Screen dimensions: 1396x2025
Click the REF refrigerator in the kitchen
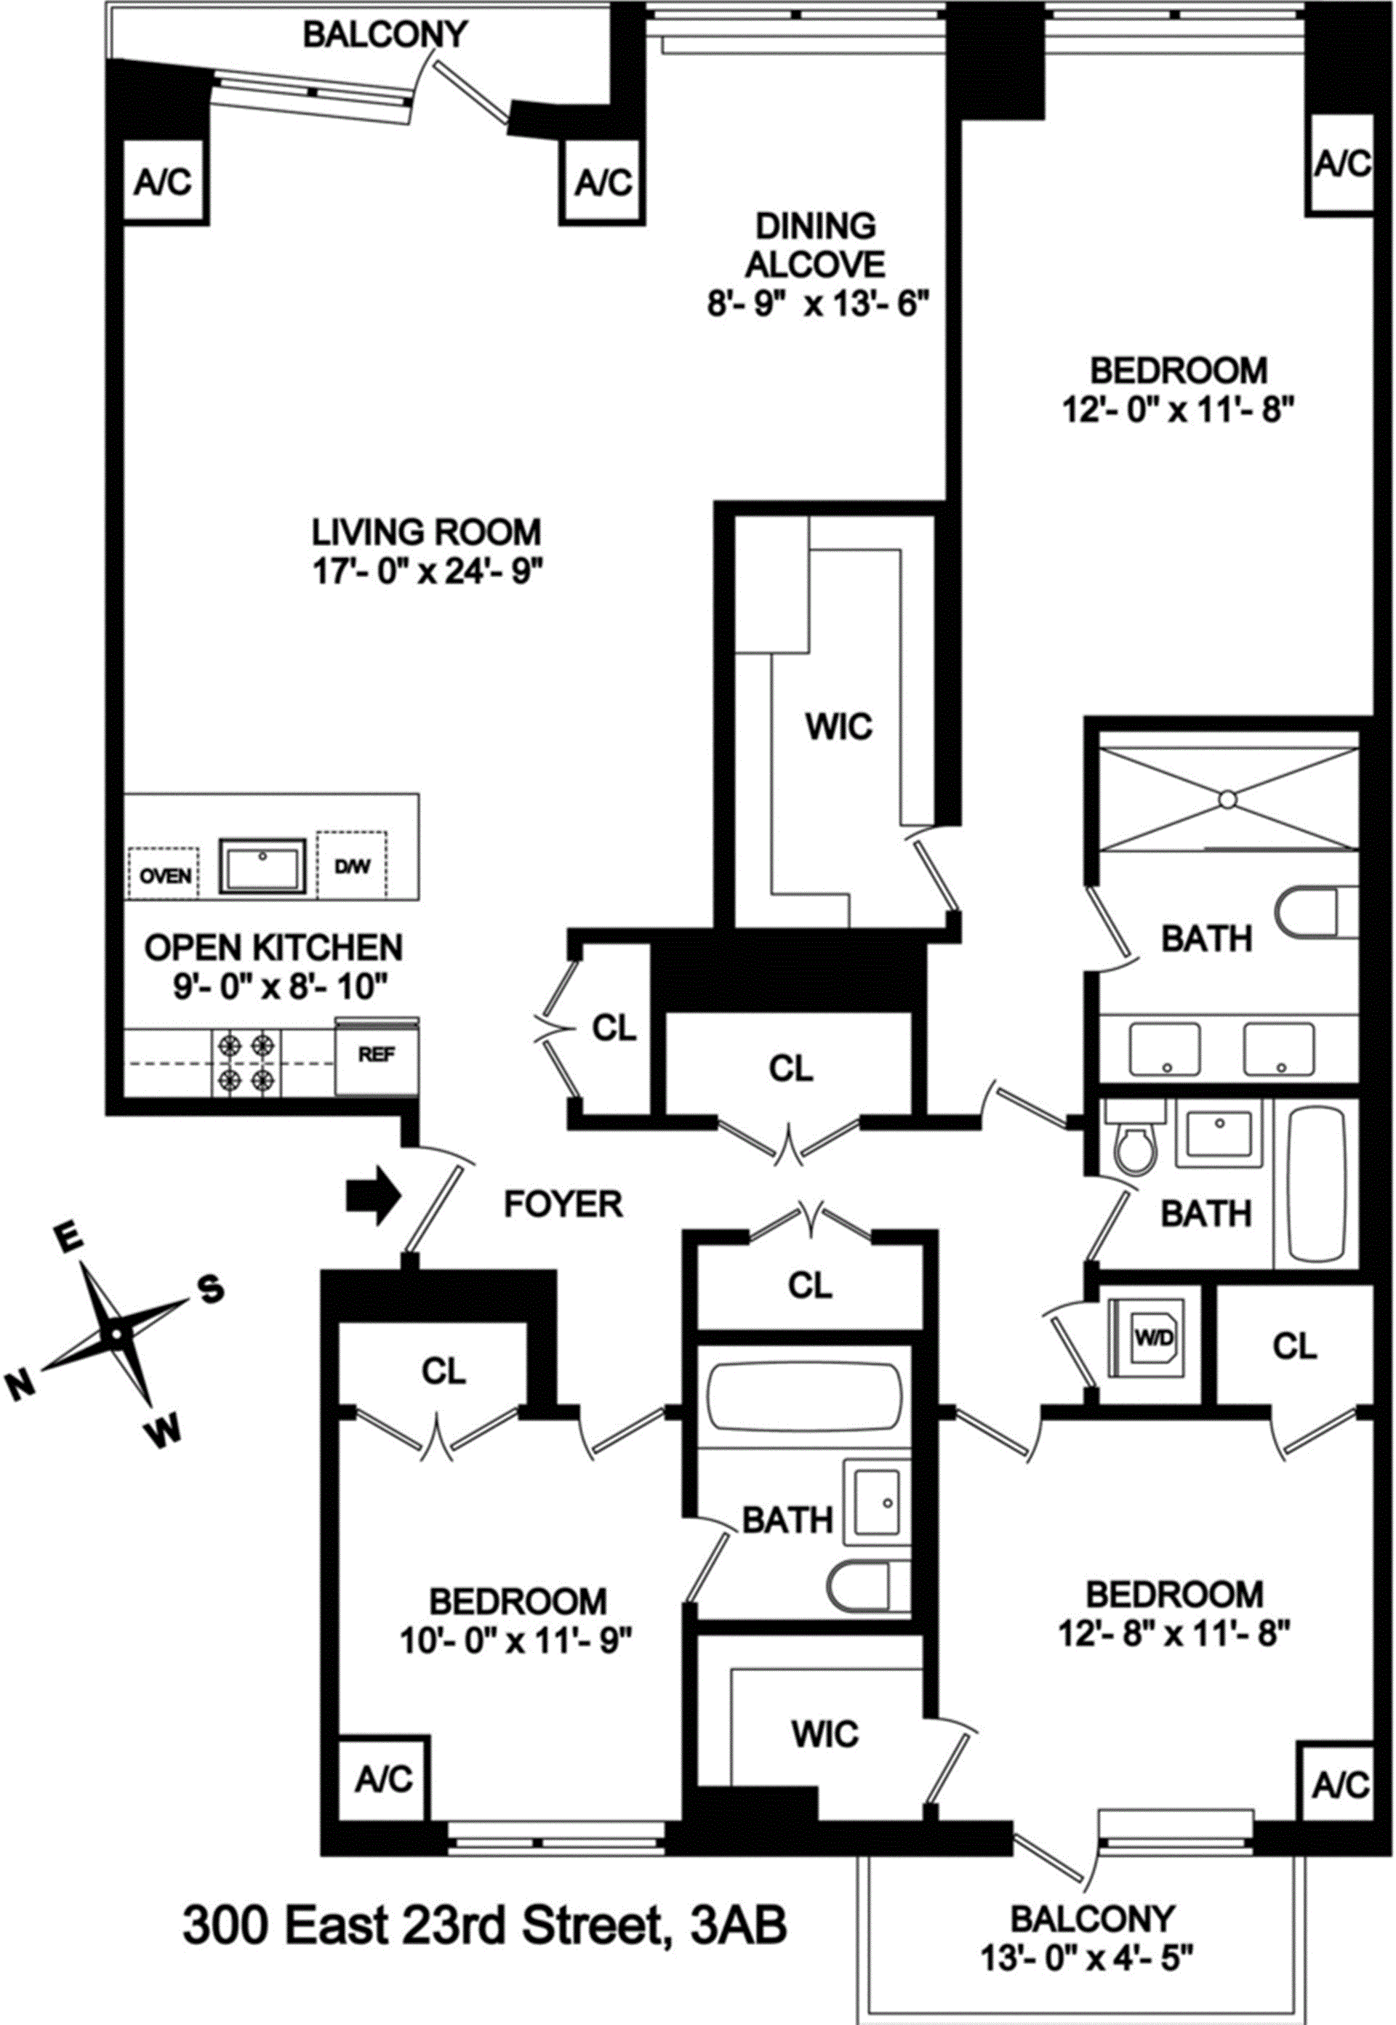[x=377, y=1055]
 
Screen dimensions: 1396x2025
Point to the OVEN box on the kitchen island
[x=164, y=874]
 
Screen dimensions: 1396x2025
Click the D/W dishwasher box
[x=352, y=866]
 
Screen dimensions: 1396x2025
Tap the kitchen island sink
[x=263, y=866]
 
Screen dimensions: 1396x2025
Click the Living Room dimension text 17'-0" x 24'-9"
[x=428, y=573]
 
